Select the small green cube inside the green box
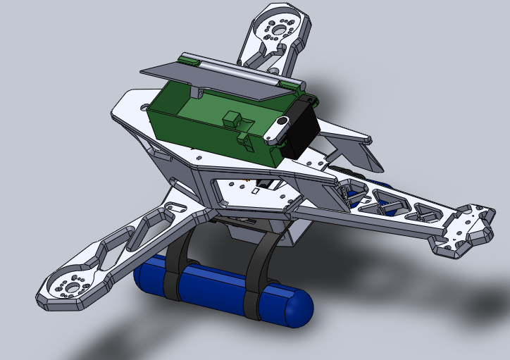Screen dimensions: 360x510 pyautogui.click(x=232, y=120)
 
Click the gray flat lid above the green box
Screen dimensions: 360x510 pyautogui.click(x=211, y=77)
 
